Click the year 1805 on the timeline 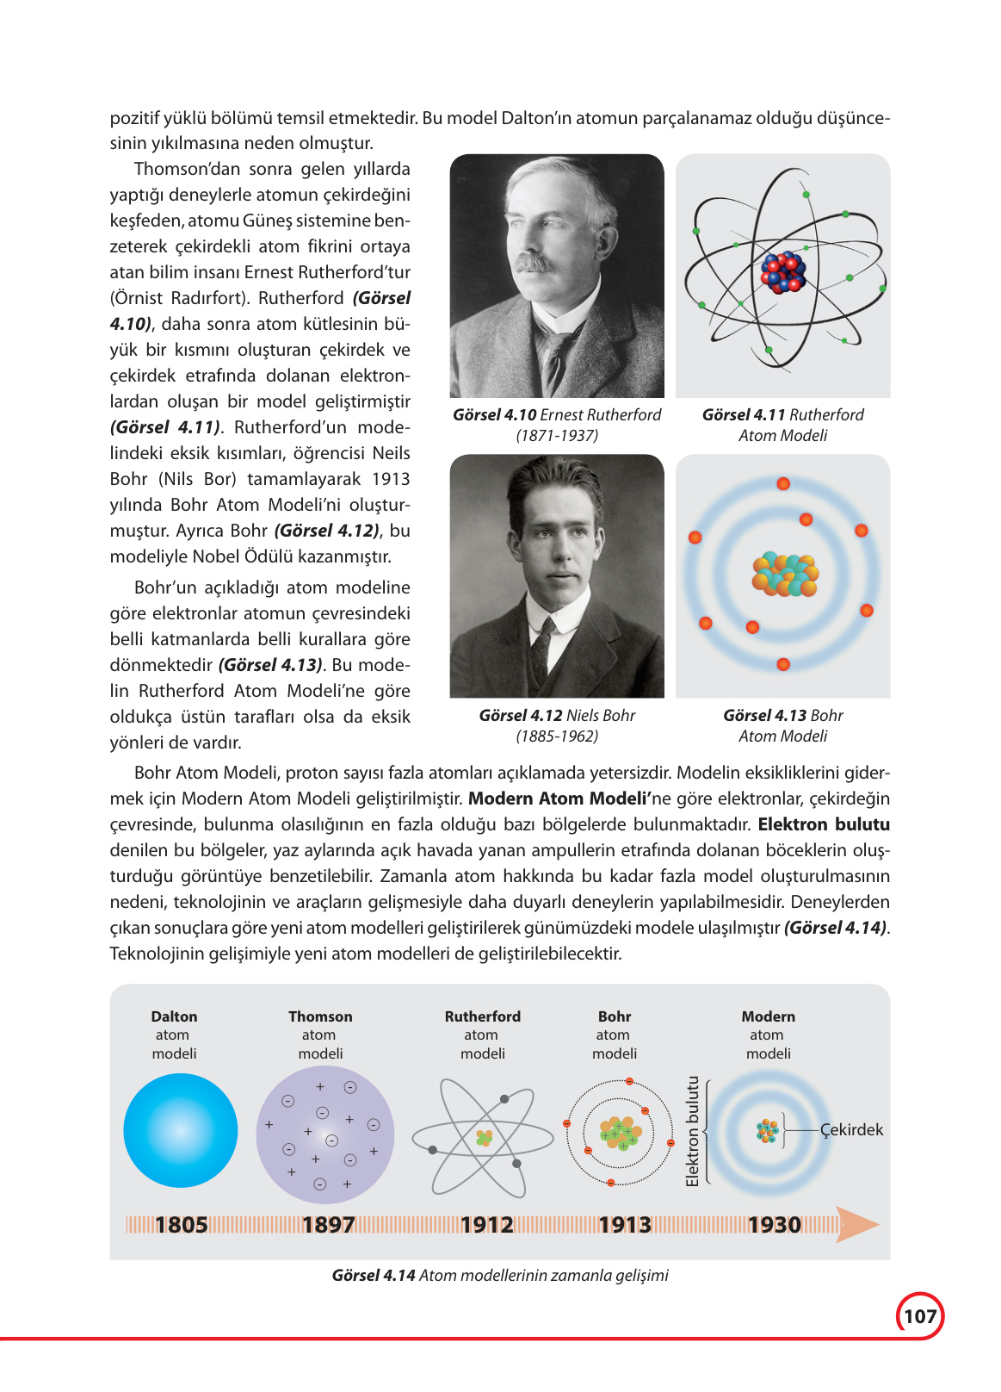[182, 1224]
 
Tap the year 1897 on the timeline [329, 1224]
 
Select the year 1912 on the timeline [487, 1224]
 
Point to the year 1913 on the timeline [625, 1224]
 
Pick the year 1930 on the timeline [775, 1224]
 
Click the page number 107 [920, 1316]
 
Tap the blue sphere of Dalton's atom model [181, 1130]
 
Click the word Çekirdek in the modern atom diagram [851, 1130]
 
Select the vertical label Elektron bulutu [693, 1130]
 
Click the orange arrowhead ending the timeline [859, 1224]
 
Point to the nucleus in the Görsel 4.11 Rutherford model [783, 273]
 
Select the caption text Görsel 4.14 [374, 1276]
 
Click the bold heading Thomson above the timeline [320, 1016]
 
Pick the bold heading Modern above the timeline [769, 1016]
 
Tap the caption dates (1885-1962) [557, 736]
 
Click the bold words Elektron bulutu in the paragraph [824, 824]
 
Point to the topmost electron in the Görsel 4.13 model [783, 484]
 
